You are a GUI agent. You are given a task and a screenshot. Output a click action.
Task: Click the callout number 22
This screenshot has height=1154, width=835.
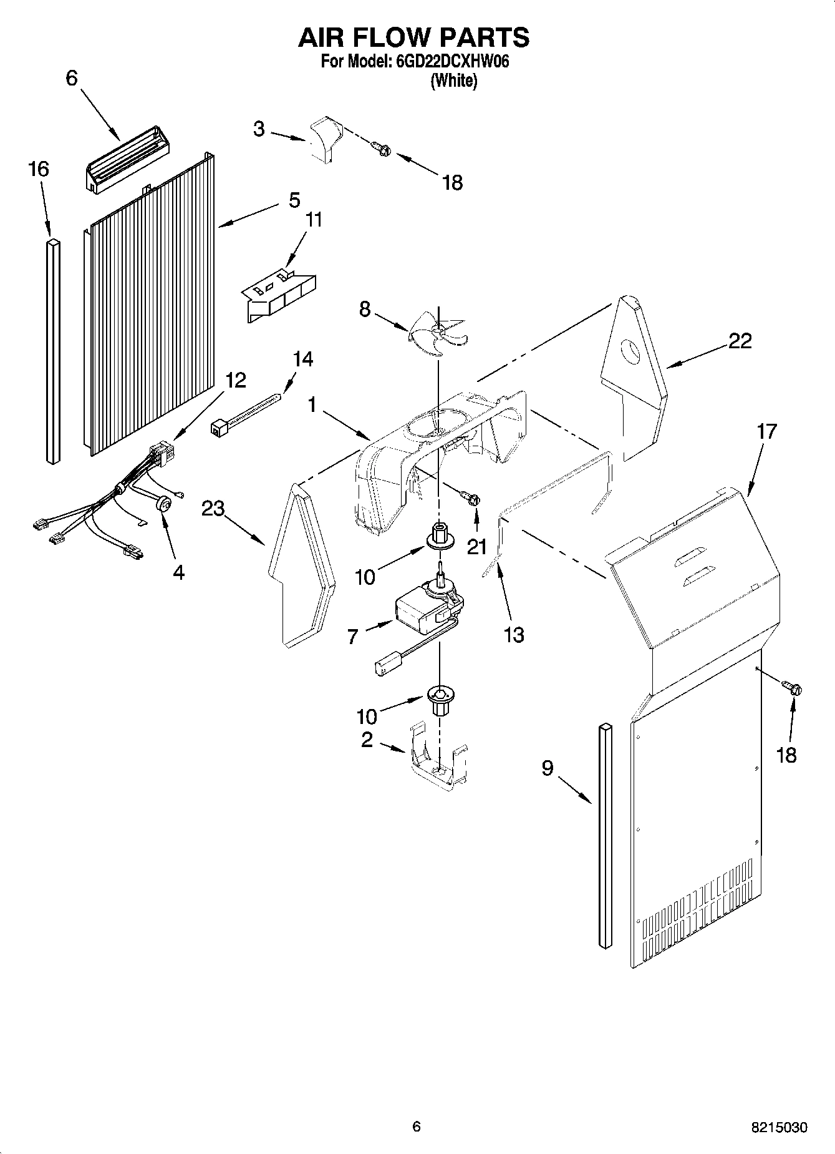click(x=740, y=341)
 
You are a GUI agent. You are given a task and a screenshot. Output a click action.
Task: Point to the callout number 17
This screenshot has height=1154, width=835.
click(x=766, y=431)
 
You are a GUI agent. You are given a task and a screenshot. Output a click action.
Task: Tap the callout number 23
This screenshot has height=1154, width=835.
click(x=213, y=509)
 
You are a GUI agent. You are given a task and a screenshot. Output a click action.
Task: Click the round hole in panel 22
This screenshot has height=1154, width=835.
click(x=631, y=352)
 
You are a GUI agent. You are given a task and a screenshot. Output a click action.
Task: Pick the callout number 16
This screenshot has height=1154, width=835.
click(x=39, y=169)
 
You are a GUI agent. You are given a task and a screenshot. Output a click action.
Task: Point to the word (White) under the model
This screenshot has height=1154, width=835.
click(x=454, y=81)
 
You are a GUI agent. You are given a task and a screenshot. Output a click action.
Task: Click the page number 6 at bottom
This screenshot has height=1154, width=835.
click(x=417, y=1127)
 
